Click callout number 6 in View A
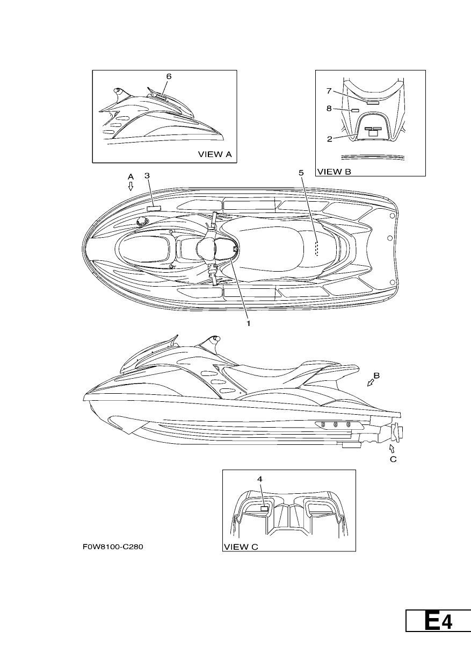click(x=169, y=76)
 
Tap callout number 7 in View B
click(x=329, y=91)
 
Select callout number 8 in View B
click(x=329, y=109)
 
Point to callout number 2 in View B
click(x=329, y=139)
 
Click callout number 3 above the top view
click(x=147, y=176)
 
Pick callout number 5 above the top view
click(x=301, y=173)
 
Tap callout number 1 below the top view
click(x=248, y=323)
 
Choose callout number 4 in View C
click(x=260, y=479)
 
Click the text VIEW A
click(x=215, y=154)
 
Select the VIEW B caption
click(x=334, y=172)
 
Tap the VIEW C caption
click(x=241, y=547)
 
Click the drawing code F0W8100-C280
click(x=113, y=547)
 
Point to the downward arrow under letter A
click(x=131, y=186)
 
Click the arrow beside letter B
click(x=371, y=383)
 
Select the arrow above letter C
click(x=392, y=449)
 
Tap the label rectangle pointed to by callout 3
click(x=154, y=208)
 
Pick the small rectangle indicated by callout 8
click(x=356, y=110)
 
